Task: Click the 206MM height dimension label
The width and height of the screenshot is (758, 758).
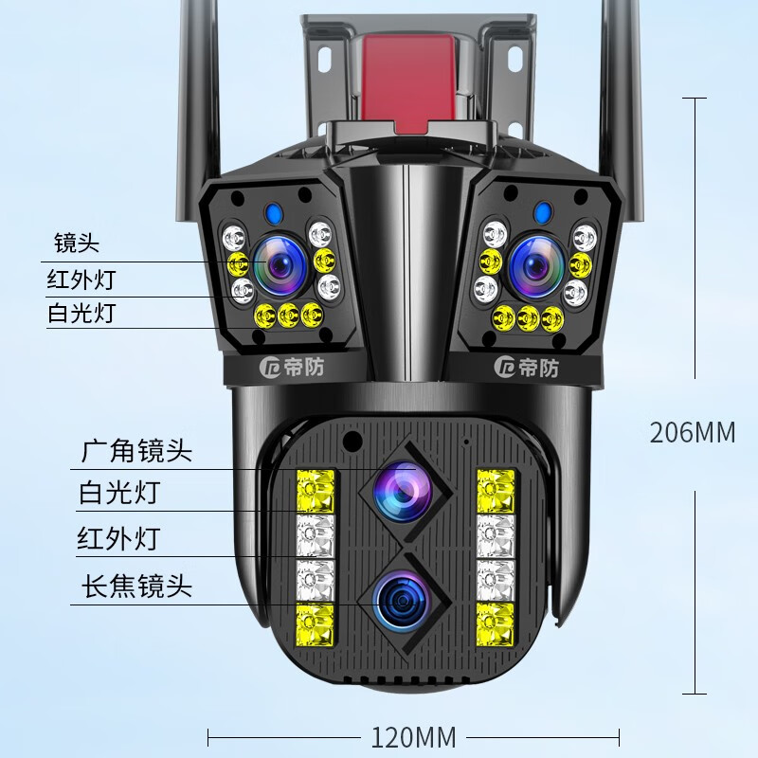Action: [692, 432]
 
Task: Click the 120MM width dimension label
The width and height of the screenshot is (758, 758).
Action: [414, 736]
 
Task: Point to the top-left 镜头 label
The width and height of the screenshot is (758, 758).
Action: [77, 244]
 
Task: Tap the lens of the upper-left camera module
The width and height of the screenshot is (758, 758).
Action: [280, 263]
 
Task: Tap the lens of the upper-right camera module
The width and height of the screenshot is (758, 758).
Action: [535, 265]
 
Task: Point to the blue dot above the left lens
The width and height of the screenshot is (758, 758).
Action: [273, 213]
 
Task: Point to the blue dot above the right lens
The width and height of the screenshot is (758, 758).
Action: [542, 212]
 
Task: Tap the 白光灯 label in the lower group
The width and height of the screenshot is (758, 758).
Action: [118, 494]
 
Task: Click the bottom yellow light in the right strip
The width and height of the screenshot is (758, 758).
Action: [495, 622]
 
